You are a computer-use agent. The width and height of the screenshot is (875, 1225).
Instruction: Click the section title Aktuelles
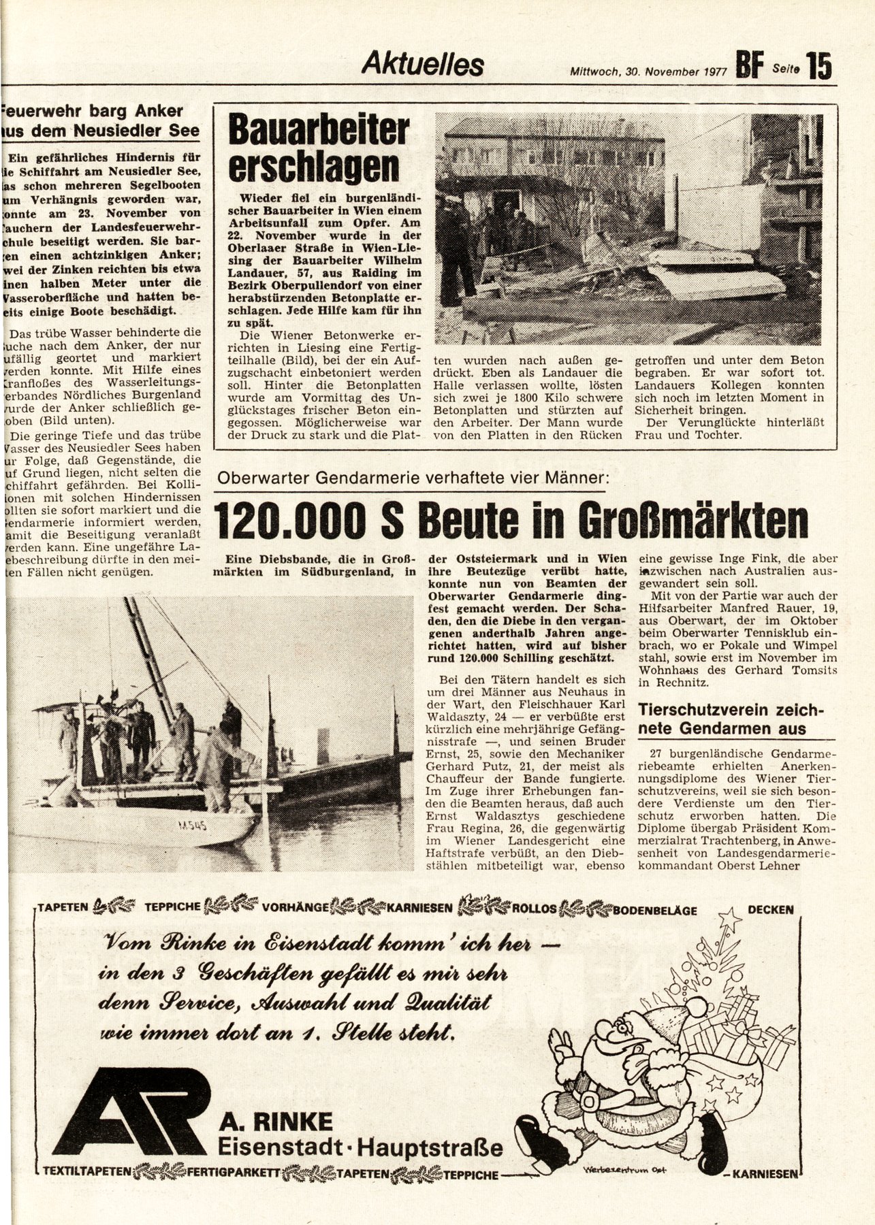point(422,65)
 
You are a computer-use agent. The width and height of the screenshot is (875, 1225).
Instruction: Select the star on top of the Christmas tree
point(733,917)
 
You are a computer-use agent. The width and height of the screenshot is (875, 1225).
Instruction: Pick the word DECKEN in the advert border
point(770,909)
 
